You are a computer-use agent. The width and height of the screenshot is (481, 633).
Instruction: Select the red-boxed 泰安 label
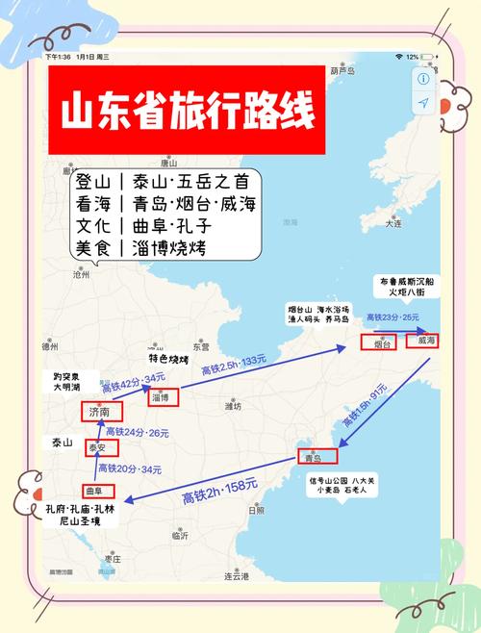pyautogui.click(x=97, y=447)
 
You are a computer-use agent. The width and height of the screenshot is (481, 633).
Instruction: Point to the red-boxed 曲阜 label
pyautogui.click(x=93, y=490)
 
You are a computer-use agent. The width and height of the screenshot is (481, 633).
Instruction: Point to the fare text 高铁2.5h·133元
pyautogui.click(x=233, y=366)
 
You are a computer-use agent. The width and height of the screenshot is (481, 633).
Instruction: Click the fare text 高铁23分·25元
pyautogui.click(x=392, y=316)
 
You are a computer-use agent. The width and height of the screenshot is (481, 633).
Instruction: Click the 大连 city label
pyautogui.click(x=392, y=222)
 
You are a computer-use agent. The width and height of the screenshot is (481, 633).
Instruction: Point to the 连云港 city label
pyautogui.click(x=236, y=575)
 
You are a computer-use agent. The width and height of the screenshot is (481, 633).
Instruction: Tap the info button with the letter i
pyautogui.click(x=423, y=79)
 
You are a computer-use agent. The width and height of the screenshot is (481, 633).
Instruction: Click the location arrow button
pyautogui.click(x=423, y=103)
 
